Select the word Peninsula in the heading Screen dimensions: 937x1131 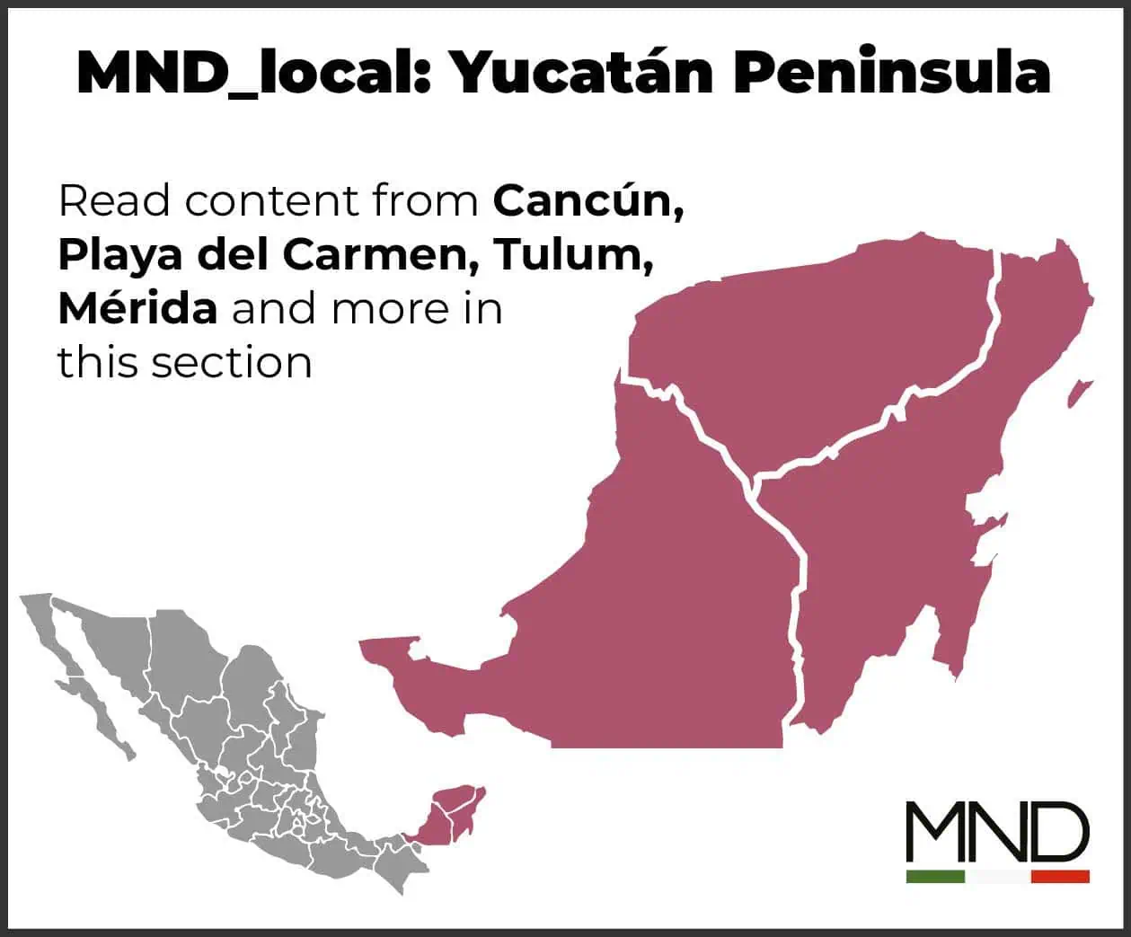click(x=892, y=72)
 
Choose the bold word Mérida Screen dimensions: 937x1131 click(x=137, y=309)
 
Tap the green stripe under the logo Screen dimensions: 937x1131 click(x=935, y=876)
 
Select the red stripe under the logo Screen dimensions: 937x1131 click(x=1060, y=876)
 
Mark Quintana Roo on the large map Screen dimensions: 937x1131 click(x=889, y=539)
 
